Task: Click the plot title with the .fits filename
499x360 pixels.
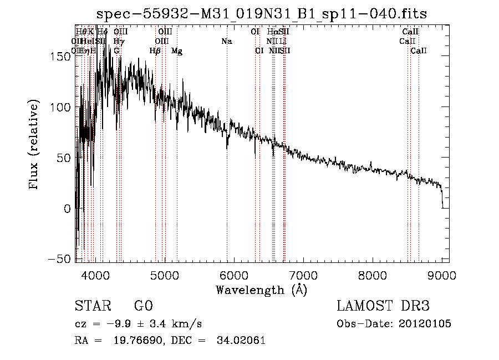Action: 262,13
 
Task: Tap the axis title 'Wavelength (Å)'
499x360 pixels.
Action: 261,290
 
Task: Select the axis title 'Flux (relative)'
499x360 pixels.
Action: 34,145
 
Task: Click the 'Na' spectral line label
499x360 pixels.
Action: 226,41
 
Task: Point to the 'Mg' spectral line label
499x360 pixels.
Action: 177,50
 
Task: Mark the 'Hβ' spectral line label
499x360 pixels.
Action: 155,50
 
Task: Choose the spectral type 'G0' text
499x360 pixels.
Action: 143,306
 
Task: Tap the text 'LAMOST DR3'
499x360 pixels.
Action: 383,306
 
